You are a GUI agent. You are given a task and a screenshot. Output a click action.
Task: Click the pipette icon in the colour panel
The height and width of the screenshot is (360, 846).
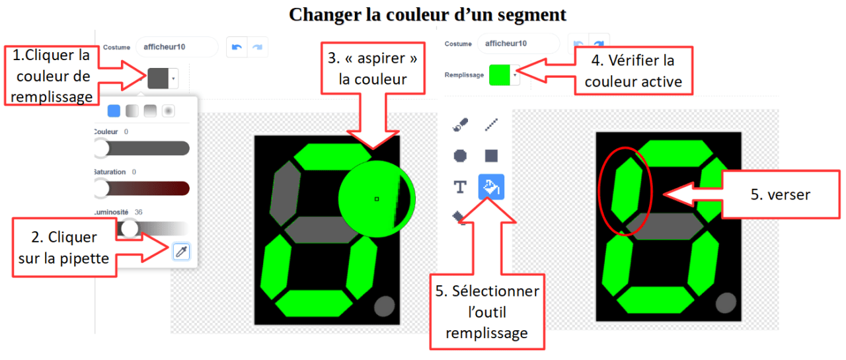pyautogui.click(x=181, y=252)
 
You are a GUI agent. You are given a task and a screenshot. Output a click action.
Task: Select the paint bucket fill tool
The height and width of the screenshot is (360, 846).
pyautogui.click(x=491, y=186)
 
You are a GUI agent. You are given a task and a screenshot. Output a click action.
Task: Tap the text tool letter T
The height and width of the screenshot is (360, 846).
pyautogui.click(x=460, y=187)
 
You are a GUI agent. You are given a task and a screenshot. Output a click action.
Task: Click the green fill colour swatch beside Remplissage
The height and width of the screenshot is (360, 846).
pyautogui.click(x=499, y=75)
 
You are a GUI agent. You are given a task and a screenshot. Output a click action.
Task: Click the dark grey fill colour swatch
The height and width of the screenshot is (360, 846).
pyautogui.click(x=158, y=79)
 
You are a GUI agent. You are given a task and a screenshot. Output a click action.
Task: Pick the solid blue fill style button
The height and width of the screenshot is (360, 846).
pyautogui.click(x=114, y=111)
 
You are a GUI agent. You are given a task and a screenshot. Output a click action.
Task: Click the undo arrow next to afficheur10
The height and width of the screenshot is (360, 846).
pyautogui.click(x=237, y=47)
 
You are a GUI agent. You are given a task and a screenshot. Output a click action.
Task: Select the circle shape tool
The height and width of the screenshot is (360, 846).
pyautogui.click(x=460, y=155)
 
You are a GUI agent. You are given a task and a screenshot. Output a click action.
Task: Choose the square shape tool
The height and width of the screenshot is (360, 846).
pyautogui.click(x=491, y=155)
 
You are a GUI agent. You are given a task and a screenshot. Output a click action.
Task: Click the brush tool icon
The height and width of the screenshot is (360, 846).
pyautogui.click(x=460, y=125)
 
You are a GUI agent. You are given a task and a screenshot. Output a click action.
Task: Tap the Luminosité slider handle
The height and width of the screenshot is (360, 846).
pyautogui.click(x=130, y=229)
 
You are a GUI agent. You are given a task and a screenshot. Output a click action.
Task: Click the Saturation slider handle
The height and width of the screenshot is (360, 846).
pyautogui.click(x=101, y=188)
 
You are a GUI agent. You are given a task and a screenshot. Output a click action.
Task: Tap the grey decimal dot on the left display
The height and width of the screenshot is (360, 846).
pyautogui.click(x=385, y=306)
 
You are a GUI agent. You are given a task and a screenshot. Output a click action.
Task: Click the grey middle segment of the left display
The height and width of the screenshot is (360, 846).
pyautogui.click(x=321, y=230)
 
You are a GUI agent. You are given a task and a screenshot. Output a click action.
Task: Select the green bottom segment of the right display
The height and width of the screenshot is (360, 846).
pyautogui.click(x=655, y=300)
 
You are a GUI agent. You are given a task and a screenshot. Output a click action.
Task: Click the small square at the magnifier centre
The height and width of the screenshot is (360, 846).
pyautogui.click(x=377, y=199)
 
